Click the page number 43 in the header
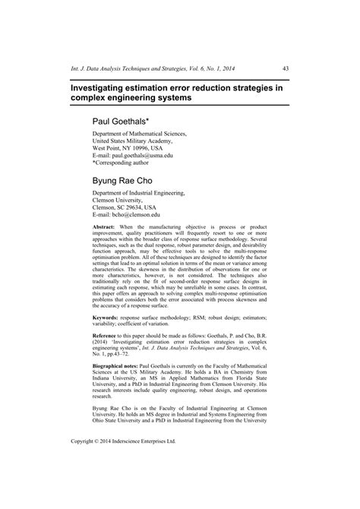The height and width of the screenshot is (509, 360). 286,68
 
